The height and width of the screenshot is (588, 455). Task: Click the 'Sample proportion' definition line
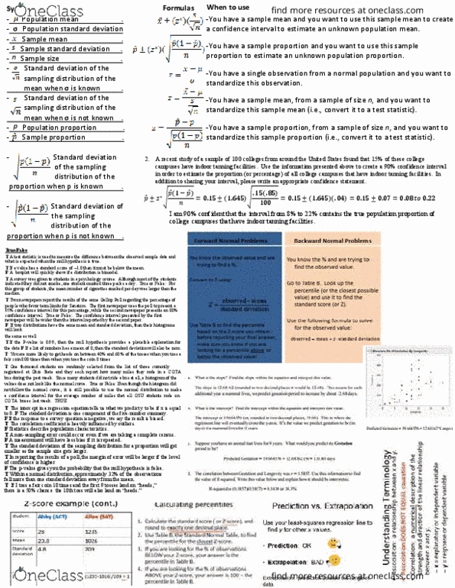(x=45, y=137)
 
